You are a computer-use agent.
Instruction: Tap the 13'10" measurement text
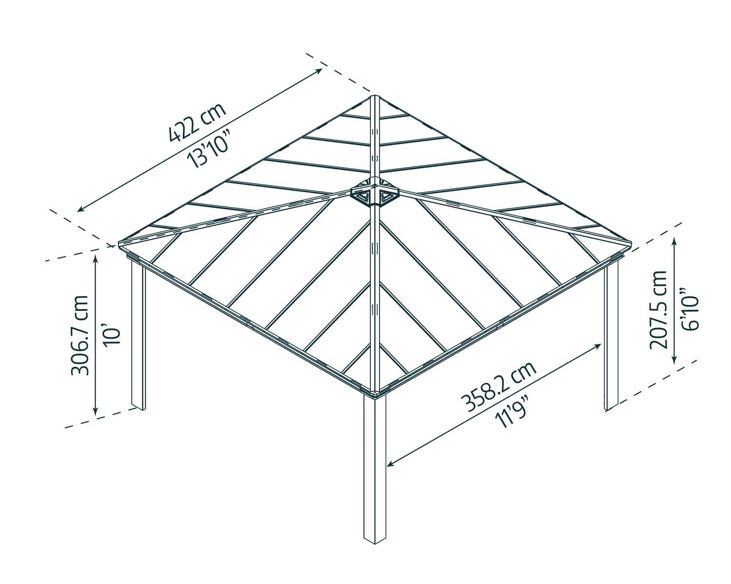(210, 146)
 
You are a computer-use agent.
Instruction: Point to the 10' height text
(111, 336)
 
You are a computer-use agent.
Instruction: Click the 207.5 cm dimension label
(658, 310)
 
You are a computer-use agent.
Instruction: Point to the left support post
(138, 336)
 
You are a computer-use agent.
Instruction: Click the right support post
(612, 336)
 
